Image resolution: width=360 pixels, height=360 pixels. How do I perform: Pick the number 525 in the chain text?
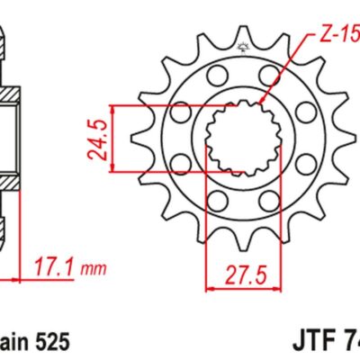coord(49,342)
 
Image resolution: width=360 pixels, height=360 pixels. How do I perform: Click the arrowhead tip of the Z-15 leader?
coord(261,106)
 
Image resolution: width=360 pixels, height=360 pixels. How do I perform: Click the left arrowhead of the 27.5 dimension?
coord(210,288)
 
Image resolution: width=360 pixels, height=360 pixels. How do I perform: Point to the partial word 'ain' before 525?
coord(15,342)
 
